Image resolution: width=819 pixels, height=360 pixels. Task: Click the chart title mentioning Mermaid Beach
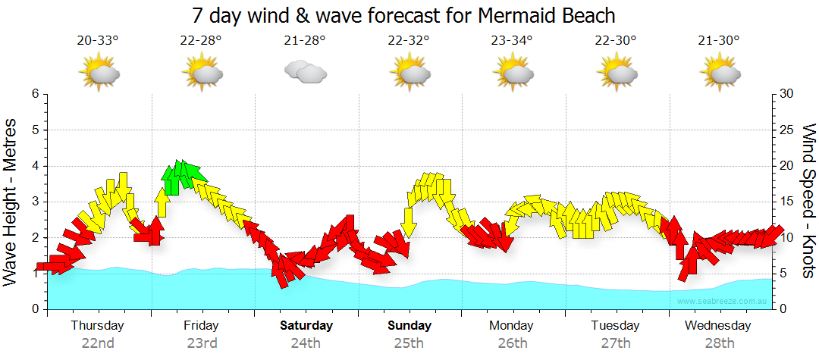coord(403,15)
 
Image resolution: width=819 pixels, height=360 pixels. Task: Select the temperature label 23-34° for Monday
coord(511,40)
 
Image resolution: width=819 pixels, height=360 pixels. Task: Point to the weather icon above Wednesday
coord(719,72)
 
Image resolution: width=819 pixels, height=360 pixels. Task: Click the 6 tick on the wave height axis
coord(35,94)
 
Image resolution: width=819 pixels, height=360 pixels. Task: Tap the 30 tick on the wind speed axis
coord(787,94)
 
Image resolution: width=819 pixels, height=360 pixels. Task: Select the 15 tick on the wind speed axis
coord(787,202)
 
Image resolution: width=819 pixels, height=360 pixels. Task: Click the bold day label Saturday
coord(306,326)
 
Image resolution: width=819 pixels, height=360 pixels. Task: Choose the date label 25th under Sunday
coord(409,343)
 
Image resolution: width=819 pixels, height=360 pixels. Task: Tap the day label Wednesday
coord(717,326)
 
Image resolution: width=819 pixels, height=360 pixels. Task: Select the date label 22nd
coord(98,343)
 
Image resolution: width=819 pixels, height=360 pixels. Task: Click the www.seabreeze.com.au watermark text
coord(723,301)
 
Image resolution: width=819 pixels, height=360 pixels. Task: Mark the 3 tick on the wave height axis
coord(35,202)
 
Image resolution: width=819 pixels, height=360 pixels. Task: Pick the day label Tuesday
coord(615,326)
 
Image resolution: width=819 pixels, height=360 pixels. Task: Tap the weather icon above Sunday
coord(409,72)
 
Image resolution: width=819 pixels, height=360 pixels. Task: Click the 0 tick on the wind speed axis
coord(784,309)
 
